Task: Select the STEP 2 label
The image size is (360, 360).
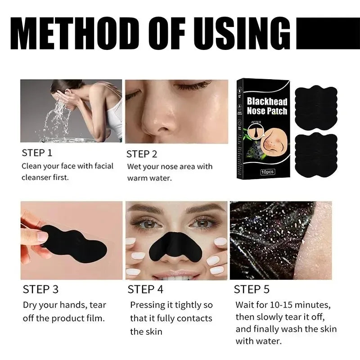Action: pyautogui.click(x=142, y=154)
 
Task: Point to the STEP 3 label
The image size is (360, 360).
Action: pyautogui.click(x=40, y=289)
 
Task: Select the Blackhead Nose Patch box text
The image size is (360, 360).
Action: pyautogui.click(x=267, y=106)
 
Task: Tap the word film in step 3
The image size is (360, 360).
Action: pyautogui.click(x=96, y=318)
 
